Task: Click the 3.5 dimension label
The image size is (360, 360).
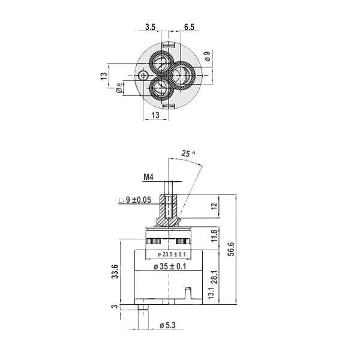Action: (151, 27)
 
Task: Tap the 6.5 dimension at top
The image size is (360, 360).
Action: (189, 27)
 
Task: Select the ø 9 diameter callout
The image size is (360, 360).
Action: (208, 56)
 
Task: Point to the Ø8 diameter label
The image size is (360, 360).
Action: (119, 88)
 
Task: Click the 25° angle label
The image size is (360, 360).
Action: (188, 153)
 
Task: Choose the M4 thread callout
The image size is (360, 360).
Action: (149, 177)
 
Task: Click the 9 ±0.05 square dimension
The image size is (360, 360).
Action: (136, 200)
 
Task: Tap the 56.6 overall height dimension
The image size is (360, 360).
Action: (231, 249)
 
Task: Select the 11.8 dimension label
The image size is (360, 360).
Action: (214, 236)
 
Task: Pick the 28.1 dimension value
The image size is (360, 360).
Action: (214, 277)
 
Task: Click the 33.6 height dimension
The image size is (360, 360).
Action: (115, 272)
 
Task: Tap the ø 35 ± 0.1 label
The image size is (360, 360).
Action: (170, 266)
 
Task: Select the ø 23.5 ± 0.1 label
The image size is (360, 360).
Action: (172, 254)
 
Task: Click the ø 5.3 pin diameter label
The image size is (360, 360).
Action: (167, 325)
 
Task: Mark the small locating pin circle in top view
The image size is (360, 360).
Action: (143, 75)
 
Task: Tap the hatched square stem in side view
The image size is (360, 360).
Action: (169, 206)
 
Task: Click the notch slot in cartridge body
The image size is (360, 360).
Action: (188, 293)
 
